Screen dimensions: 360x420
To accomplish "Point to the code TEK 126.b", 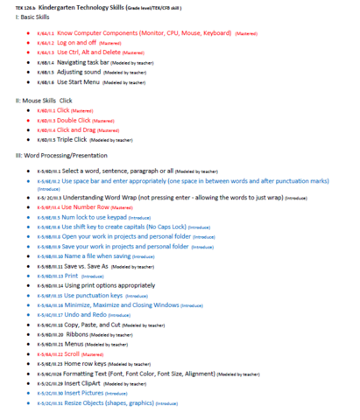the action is coord(13,5).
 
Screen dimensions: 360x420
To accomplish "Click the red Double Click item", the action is coord(78,121).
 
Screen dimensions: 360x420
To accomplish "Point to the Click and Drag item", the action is coord(81,130).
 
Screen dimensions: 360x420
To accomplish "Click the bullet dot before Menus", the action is coord(29,344).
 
